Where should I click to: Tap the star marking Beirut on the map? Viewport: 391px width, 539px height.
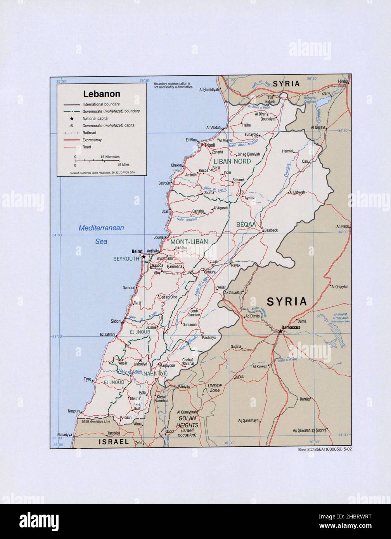(144, 257)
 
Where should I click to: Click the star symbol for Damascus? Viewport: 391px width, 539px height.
(280, 332)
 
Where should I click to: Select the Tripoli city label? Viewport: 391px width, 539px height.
(209, 146)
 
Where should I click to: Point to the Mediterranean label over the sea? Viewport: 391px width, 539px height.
(101, 228)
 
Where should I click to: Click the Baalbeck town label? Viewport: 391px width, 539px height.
(271, 230)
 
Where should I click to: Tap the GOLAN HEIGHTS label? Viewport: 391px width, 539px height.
(188, 422)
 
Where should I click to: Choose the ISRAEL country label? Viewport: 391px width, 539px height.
(113, 442)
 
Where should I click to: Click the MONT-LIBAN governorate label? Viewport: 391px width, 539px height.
(189, 242)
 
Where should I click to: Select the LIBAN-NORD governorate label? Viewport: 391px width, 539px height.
(232, 161)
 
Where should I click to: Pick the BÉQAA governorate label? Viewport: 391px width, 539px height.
(245, 224)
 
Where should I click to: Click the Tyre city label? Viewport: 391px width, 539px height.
(87, 379)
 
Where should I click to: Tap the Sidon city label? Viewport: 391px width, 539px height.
(116, 321)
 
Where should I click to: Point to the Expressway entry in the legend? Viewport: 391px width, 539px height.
(92, 140)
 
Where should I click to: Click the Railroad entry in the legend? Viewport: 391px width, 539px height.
(89, 133)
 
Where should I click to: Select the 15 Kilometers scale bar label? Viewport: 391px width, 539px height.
(110, 156)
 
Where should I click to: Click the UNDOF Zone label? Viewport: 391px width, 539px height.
(215, 388)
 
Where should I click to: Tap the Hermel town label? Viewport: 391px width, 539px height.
(287, 151)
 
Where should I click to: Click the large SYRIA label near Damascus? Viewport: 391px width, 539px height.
(286, 301)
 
